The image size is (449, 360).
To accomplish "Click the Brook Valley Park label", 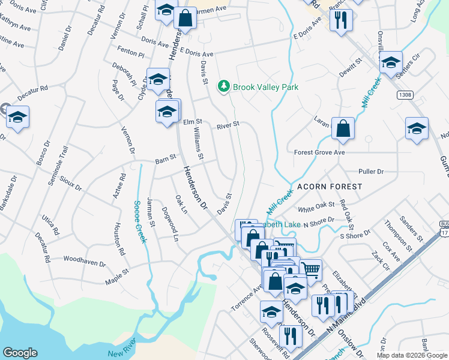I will point(265,87).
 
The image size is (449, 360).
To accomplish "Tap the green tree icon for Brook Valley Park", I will point(224,87).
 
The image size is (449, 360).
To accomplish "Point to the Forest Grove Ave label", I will point(319,152).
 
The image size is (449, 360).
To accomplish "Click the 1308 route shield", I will point(405,95).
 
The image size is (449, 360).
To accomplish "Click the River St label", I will point(228,125).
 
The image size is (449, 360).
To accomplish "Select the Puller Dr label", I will point(370,172).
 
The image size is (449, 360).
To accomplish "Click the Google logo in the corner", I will point(20,353).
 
